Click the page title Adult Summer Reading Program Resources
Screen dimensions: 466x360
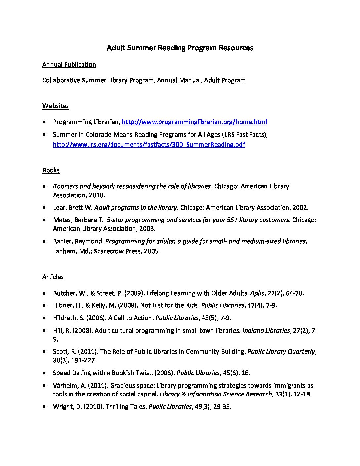[x=180, y=48]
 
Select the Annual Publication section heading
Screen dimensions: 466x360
[x=69, y=65]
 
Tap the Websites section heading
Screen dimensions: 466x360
[x=56, y=106]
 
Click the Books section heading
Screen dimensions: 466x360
[x=51, y=170]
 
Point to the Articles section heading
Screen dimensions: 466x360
[x=53, y=277]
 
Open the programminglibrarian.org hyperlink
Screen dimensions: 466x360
[x=195, y=122]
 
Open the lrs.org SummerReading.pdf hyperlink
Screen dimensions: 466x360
[x=149, y=144]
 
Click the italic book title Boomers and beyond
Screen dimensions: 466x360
[x=132, y=186]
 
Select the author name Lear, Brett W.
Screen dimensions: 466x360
[x=73, y=208]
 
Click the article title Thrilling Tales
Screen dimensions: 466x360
[x=125, y=407]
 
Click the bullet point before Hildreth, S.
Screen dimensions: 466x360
[x=44, y=318]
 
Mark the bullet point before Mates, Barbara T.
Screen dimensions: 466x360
[x=44, y=220]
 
